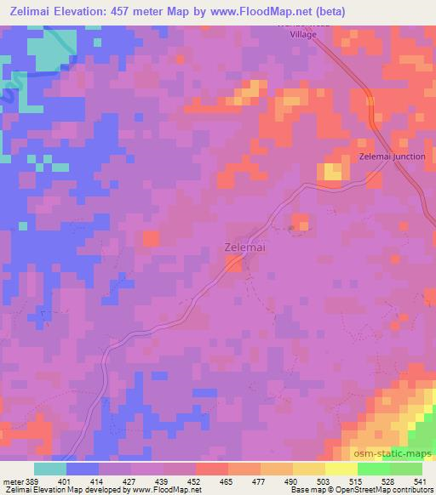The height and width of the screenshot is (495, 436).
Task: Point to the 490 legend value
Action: [293, 481]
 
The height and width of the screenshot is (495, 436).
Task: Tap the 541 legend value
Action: [422, 481]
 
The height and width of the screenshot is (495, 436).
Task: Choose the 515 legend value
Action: [357, 481]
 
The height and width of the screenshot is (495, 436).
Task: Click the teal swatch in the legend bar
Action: [50, 469]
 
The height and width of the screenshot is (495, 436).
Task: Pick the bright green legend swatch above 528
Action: [373, 469]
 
